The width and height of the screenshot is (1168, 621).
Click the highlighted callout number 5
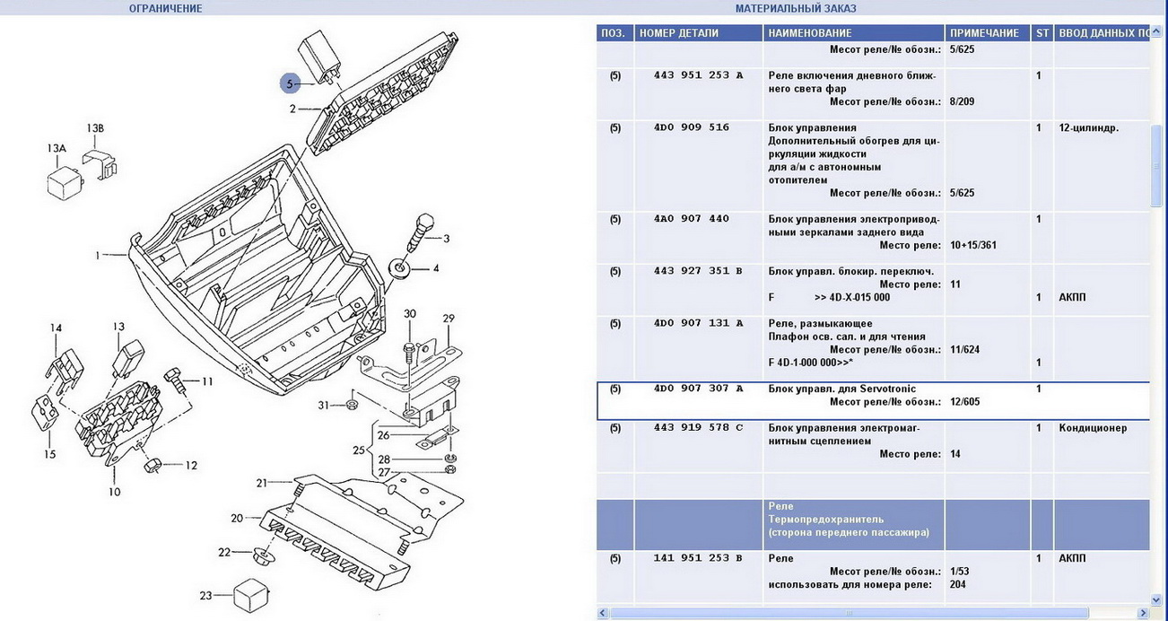(289, 83)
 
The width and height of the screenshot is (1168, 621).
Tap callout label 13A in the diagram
(57, 148)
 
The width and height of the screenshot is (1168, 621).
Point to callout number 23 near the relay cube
(205, 595)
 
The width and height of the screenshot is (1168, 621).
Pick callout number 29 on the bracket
(449, 319)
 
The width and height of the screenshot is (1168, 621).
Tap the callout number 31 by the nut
(325, 405)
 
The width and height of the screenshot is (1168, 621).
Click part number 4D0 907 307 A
(699, 389)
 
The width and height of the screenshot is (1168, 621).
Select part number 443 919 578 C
(699, 428)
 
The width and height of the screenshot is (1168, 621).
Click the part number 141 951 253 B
(699, 558)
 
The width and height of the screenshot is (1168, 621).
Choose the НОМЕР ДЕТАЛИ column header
(679, 33)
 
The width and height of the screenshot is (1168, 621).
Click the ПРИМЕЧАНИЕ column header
(984, 33)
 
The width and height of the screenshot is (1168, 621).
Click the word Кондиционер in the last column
(1093, 428)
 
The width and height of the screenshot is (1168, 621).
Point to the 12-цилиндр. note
(1089, 127)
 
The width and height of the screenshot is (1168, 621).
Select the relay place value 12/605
(964, 402)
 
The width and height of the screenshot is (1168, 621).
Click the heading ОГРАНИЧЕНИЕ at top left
(166, 8)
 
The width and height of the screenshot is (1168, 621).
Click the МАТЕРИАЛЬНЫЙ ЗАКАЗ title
(796, 8)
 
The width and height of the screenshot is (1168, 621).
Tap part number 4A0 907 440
(692, 219)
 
